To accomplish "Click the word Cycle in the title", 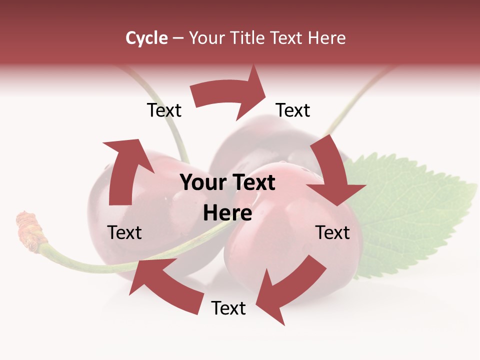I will tap(146, 38).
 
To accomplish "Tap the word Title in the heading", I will tap(248, 38).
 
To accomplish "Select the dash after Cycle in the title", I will tap(178, 38).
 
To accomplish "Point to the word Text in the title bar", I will tap(287, 38).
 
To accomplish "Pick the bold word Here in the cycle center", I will tap(227, 213).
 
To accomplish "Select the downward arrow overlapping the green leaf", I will tap(333, 172).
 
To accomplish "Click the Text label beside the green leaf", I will tap(332, 232).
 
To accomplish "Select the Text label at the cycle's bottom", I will tap(228, 308).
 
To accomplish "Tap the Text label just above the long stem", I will tap(124, 232).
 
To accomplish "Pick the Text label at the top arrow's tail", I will tap(164, 110).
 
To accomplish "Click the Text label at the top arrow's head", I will tap(293, 110).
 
